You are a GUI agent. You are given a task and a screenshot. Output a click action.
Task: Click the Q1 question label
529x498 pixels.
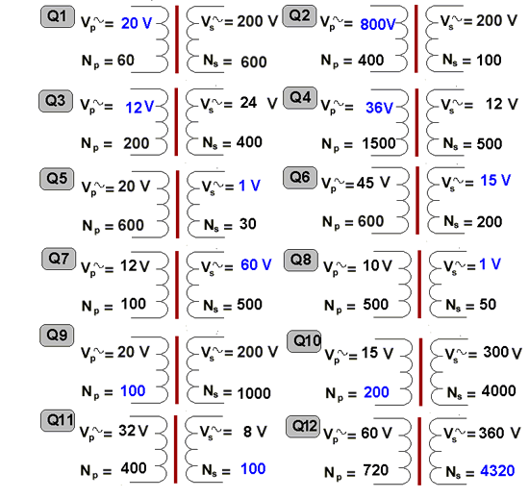click(x=58, y=16)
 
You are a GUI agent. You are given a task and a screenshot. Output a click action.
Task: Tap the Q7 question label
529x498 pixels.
click(x=59, y=259)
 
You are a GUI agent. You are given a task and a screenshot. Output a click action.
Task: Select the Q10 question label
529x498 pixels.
click(x=304, y=341)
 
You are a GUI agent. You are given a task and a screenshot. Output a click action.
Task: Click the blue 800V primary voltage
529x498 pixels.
click(x=378, y=24)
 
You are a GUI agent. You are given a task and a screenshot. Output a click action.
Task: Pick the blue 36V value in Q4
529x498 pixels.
click(x=379, y=108)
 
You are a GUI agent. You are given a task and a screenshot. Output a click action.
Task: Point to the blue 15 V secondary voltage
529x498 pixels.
click(x=495, y=181)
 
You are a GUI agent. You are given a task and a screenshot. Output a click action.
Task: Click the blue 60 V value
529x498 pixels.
click(x=256, y=264)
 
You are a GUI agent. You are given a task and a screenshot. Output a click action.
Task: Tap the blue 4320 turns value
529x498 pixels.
click(x=497, y=471)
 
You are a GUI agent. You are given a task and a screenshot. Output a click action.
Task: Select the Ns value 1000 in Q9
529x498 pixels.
click(x=254, y=393)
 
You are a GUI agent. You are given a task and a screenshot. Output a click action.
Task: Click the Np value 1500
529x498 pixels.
click(x=379, y=143)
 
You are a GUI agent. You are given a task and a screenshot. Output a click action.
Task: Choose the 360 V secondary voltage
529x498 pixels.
click(x=499, y=433)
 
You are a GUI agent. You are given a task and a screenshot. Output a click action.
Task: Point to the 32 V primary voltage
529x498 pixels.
click(x=134, y=431)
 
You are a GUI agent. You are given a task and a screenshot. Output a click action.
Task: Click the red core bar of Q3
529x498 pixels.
click(x=176, y=122)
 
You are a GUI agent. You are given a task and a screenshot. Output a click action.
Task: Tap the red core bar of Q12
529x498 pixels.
click(x=419, y=451)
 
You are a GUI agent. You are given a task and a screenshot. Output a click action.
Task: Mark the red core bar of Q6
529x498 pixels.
click(x=417, y=200)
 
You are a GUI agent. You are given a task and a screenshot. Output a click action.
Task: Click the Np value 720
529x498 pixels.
click(x=376, y=470)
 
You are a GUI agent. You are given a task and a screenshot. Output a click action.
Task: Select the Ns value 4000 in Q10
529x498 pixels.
click(x=498, y=391)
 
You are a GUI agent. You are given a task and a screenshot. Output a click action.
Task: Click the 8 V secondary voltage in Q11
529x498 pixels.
click(x=255, y=432)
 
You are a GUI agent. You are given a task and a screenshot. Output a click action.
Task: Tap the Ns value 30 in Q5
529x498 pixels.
click(x=247, y=224)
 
